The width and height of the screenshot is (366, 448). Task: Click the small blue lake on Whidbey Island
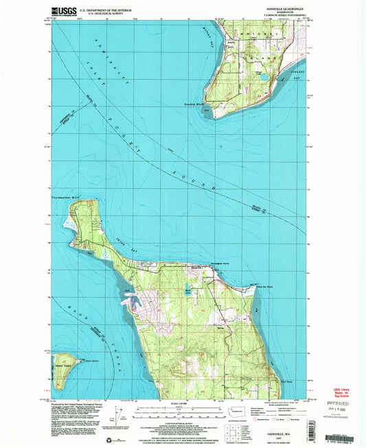click(x=263, y=78)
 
